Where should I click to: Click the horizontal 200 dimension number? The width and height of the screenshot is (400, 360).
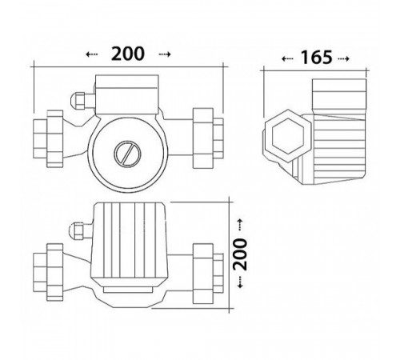click(x=128, y=54)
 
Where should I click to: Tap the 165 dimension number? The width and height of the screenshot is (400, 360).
click(x=317, y=58)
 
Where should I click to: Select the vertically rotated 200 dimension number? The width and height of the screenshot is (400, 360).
click(x=240, y=254)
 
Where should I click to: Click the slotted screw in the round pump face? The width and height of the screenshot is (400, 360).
click(x=128, y=154)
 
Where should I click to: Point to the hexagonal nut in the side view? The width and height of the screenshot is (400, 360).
click(x=288, y=136)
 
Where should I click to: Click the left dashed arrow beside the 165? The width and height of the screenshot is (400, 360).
click(x=287, y=58)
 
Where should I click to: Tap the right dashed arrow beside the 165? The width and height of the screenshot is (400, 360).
click(x=343, y=58)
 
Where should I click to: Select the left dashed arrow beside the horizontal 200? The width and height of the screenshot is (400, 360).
click(x=92, y=54)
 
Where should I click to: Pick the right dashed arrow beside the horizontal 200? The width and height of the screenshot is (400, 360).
click(x=165, y=54)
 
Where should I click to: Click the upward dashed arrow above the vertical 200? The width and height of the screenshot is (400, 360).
click(x=240, y=225)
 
